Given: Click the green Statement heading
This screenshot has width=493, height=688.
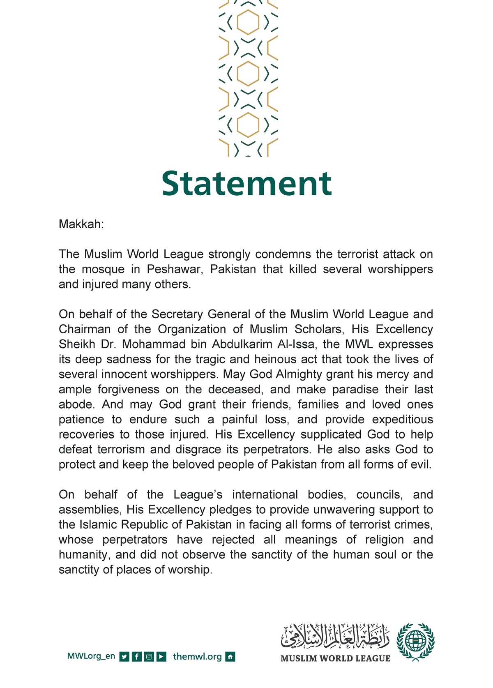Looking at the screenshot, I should click(x=246, y=183).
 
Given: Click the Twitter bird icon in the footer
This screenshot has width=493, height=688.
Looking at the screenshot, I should click(x=124, y=657).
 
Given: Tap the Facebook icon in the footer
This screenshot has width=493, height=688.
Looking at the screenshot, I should click(x=137, y=657).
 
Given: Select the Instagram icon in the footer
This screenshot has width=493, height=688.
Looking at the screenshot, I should click(x=149, y=657).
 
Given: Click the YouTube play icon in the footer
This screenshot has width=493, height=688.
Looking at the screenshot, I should click(x=162, y=657).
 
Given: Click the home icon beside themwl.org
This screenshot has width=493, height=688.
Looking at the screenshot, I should click(x=230, y=657).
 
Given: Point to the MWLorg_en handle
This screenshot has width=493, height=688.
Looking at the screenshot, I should click(x=91, y=656).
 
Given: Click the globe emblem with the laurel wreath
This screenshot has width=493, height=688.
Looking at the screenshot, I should click(x=415, y=642).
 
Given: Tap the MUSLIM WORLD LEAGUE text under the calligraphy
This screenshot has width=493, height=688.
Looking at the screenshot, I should click(x=335, y=658).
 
